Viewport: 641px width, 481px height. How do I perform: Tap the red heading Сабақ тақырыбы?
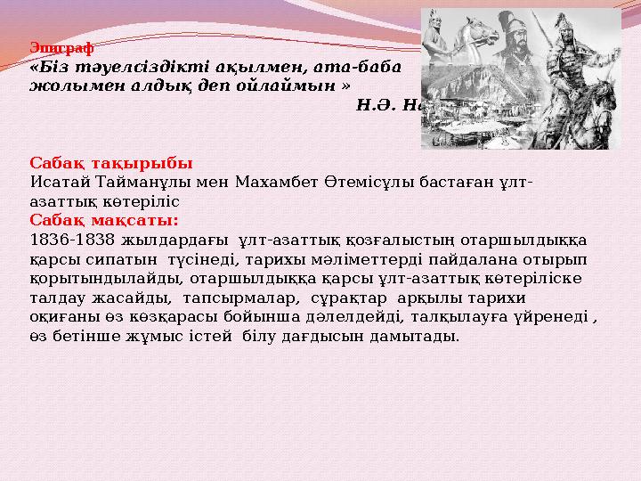click(x=111, y=165)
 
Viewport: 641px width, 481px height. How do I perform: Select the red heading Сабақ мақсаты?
click(x=104, y=219)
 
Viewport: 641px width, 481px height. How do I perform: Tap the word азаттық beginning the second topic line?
click(x=59, y=201)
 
